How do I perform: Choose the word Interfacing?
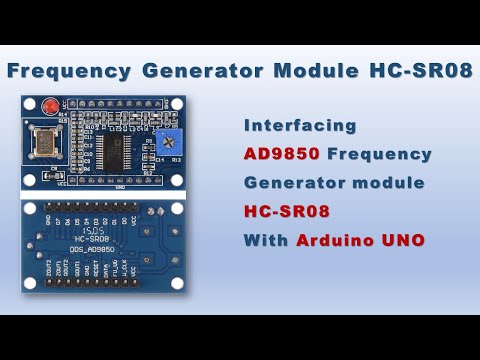(x=301, y=126)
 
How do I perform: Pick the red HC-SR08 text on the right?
(x=287, y=212)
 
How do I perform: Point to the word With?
(x=266, y=241)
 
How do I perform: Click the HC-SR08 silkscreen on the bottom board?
(x=93, y=240)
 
